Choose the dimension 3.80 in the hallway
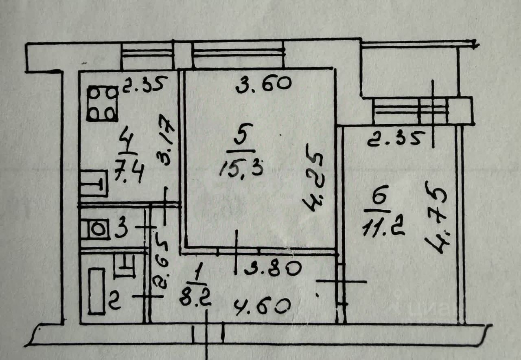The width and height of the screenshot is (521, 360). pos(271,268)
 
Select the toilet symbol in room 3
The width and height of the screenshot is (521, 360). pos(95,229)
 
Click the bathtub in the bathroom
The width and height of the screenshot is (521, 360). pos(97,291)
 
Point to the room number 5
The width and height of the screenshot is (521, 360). pos(240,139)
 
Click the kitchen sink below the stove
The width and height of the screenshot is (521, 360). pos(94,184)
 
